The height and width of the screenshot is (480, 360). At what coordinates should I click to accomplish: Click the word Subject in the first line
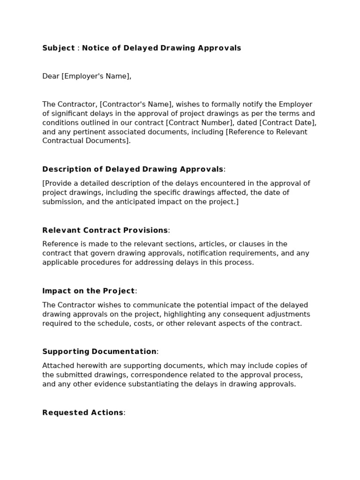(59, 48)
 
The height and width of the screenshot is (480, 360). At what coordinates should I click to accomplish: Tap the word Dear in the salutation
(51, 76)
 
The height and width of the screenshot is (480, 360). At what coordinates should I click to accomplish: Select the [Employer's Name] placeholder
(96, 76)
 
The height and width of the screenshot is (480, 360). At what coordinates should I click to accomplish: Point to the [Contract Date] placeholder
(290, 123)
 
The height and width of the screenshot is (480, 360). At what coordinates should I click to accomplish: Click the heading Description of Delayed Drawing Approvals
(133, 169)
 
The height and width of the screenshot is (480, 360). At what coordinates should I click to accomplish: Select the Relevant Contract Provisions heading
(105, 230)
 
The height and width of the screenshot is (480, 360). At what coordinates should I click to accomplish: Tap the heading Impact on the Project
(89, 291)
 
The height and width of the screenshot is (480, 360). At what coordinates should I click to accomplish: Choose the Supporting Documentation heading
(99, 352)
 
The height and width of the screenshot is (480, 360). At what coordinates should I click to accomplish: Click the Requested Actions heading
(83, 412)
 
